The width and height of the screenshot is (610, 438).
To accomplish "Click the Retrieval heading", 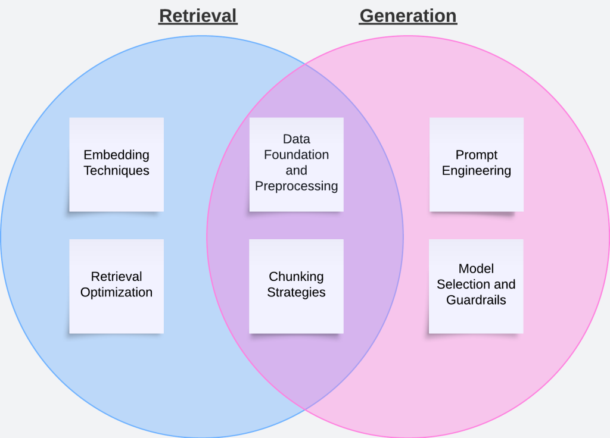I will coord(198,15).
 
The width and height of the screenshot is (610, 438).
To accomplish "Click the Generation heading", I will coord(408,15).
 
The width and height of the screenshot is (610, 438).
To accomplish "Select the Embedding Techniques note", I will coord(116,164).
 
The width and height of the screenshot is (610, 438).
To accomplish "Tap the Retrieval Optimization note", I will coord(116,286).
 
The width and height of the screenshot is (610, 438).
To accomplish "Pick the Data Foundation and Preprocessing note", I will coord(296,164).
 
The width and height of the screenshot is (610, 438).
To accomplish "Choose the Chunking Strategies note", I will coord(296,286).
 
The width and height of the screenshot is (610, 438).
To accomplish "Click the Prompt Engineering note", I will coord(476,164).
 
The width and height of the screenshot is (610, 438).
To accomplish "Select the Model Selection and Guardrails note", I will coord(476,286).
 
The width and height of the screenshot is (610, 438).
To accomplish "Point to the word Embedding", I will coord(116,155).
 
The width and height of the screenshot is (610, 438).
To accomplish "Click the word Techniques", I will coord(116,171).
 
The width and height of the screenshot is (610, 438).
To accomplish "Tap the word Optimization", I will coord(116,292).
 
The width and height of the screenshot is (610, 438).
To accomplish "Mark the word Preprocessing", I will coord(296,186).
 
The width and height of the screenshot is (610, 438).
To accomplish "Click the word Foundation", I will coord(296,155).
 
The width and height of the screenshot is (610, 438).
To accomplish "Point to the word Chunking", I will coord(296,277).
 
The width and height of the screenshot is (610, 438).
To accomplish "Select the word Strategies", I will coord(296,292).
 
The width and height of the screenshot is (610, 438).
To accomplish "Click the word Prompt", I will coord(476,155).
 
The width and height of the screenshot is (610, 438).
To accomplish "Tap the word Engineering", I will coord(476,171).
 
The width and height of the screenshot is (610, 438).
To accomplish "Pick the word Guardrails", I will coord(476,300).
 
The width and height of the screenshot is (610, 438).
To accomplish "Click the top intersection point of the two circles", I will coord(305,63).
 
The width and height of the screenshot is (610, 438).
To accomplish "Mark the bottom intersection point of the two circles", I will coord(305,409).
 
